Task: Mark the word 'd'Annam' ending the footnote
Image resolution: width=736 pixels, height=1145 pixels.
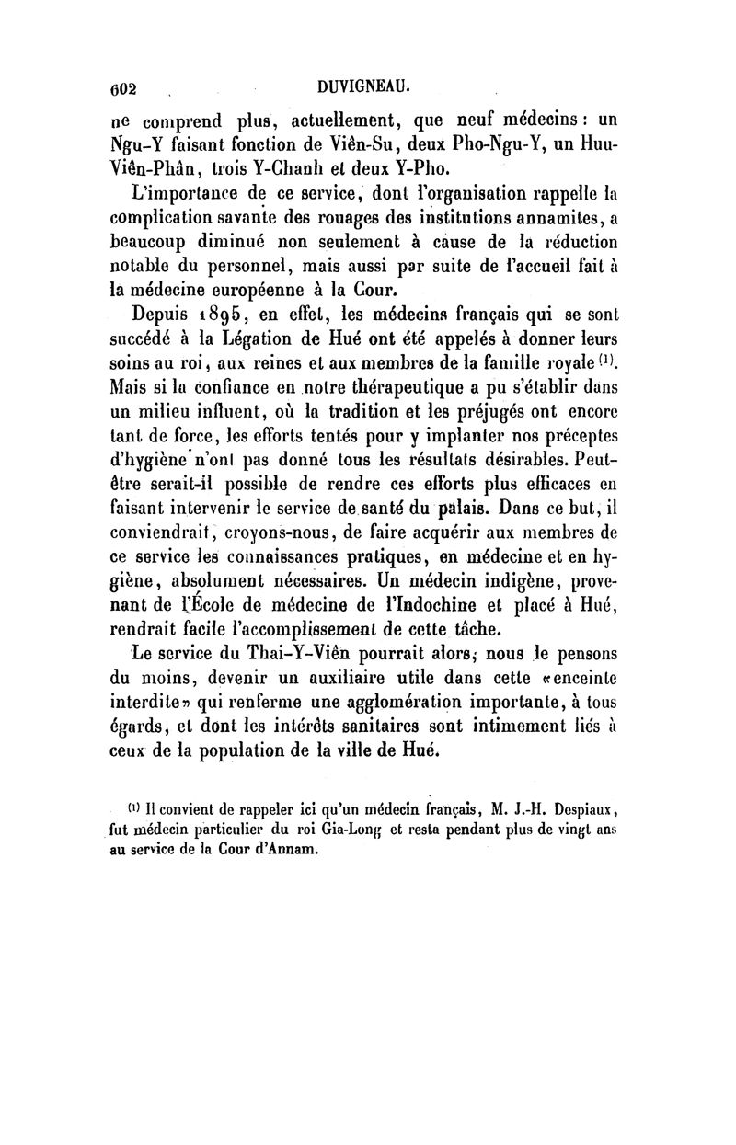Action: tap(284, 850)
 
